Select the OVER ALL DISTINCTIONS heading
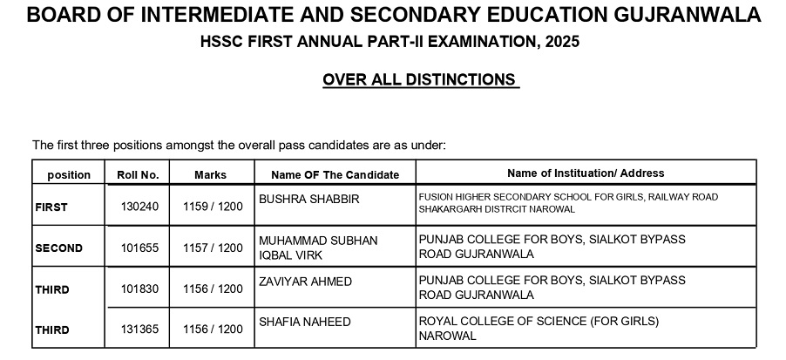(419, 80)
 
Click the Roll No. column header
(138, 174)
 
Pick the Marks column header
(210, 174)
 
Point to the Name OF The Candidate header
(335, 174)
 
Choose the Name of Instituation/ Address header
(586, 173)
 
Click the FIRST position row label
(51, 207)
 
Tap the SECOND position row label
(59, 248)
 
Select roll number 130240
(139, 207)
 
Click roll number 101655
(139, 248)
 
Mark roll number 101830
(139, 289)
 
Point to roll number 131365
(139, 329)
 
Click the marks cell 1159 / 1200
(213, 207)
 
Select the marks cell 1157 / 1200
(213, 248)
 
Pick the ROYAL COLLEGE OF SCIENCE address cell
(539, 328)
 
